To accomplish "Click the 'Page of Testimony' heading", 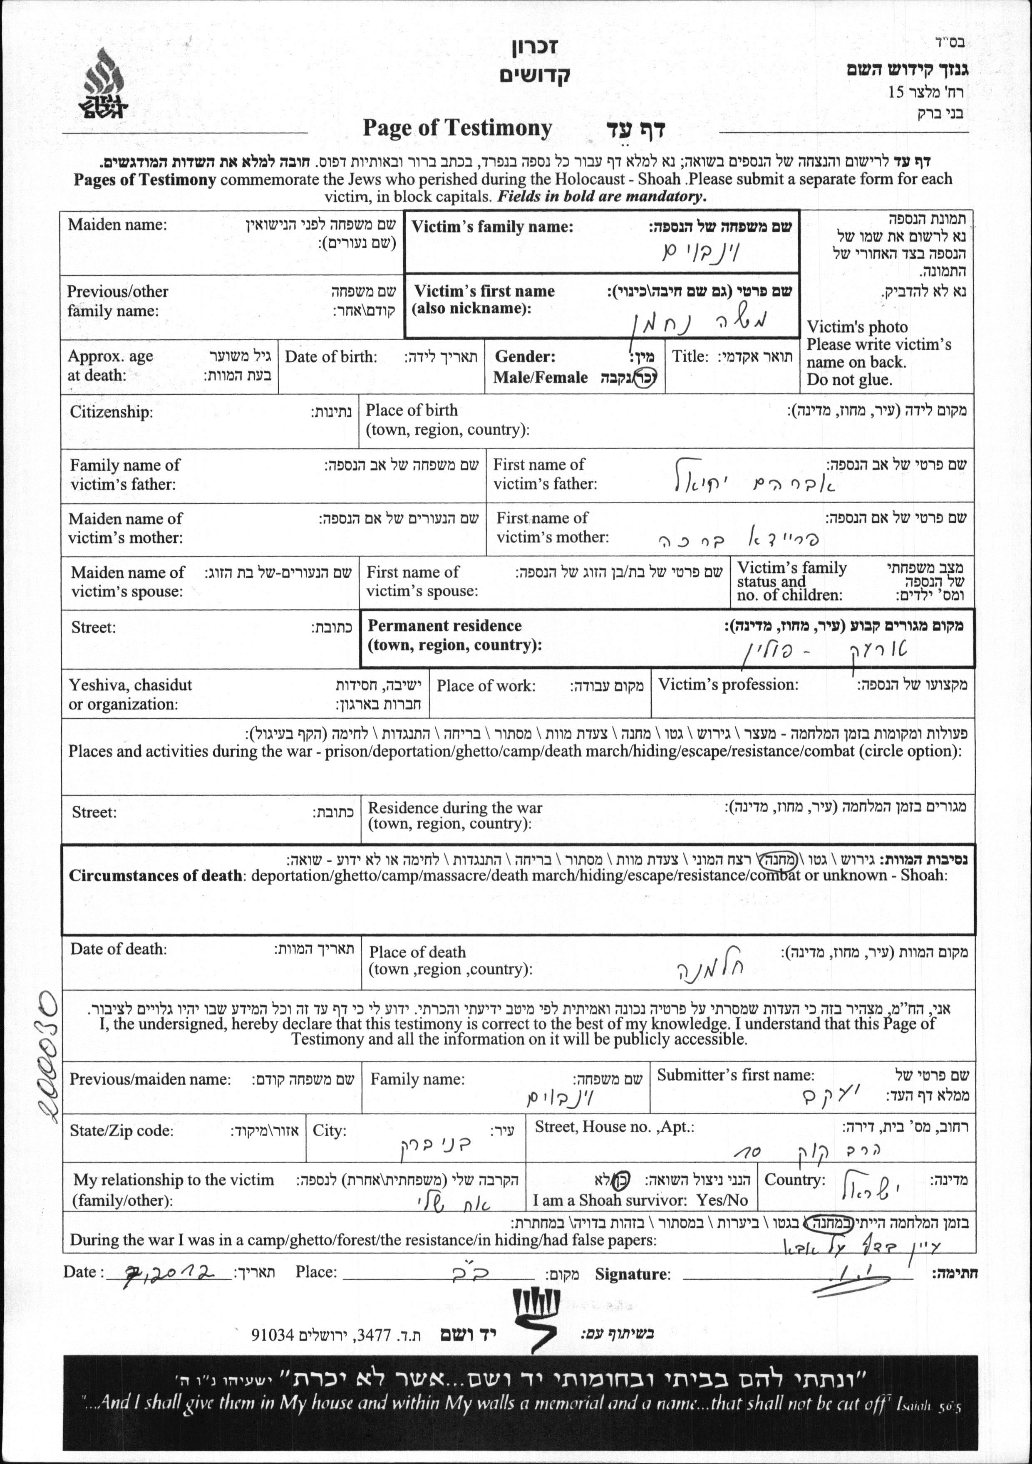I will (457, 128).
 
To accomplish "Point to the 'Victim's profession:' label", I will (728, 685).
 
